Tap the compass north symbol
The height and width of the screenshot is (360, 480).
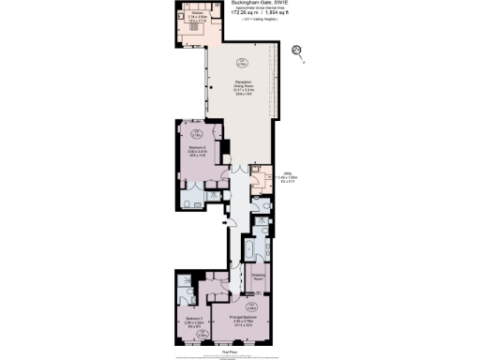297,51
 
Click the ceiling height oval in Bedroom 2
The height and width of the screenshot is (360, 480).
184,132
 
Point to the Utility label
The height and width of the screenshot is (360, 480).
287,173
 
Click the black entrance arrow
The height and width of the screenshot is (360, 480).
224,223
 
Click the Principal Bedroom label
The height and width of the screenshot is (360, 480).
243,319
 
